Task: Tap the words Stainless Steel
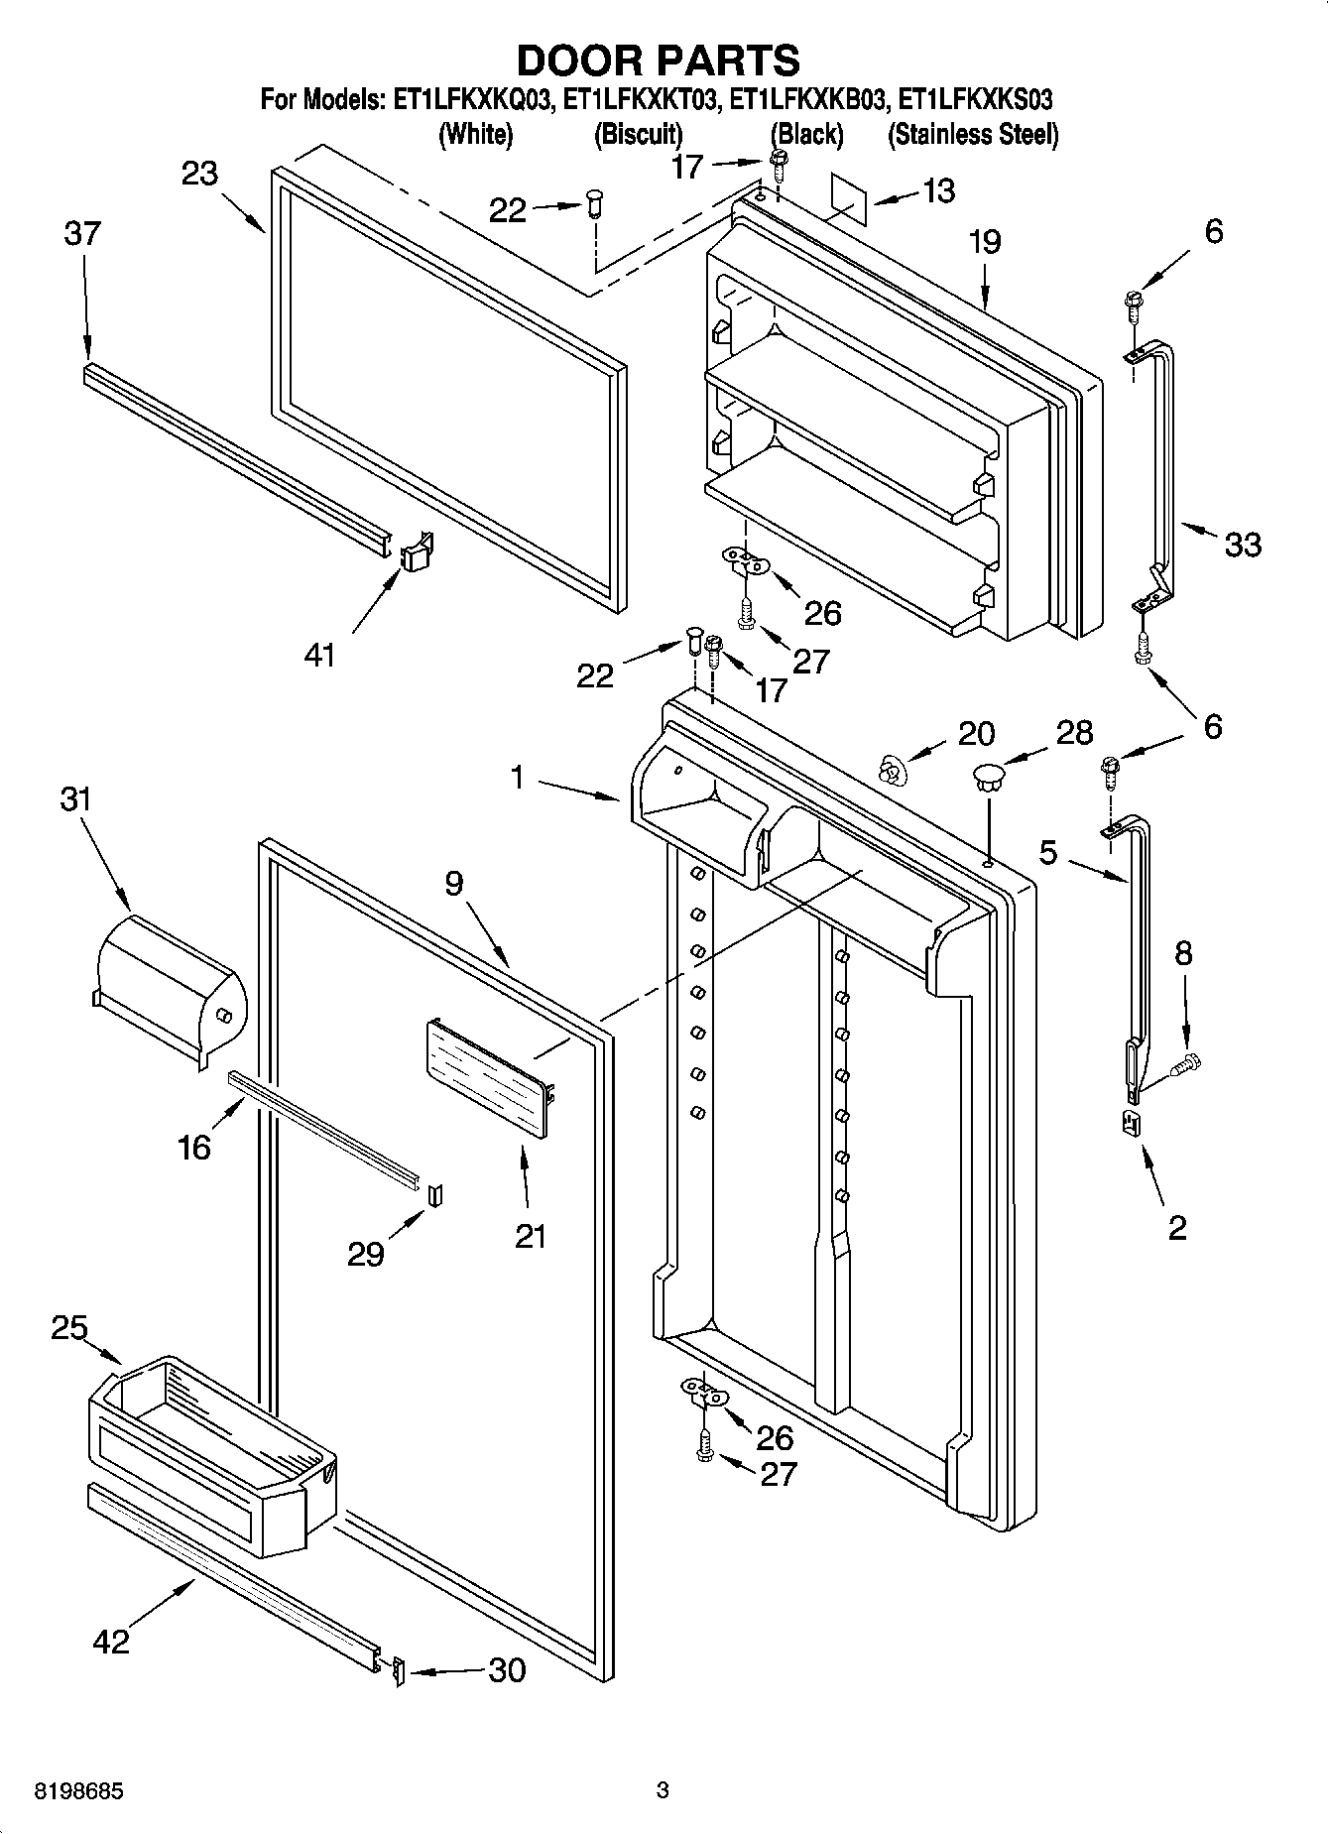pyautogui.click(x=973, y=134)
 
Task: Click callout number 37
pyautogui.click(x=82, y=234)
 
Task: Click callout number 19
pyautogui.click(x=985, y=242)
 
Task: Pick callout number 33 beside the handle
pyautogui.click(x=1242, y=544)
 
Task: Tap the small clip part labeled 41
pyautogui.click(x=418, y=551)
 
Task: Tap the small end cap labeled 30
pyautogui.click(x=398, y=1672)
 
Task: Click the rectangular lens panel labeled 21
pyautogui.click(x=486, y=1079)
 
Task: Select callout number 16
pyautogui.click(x=194, y=1147)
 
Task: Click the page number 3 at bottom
pyautogui.click(x=663, y=1790)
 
